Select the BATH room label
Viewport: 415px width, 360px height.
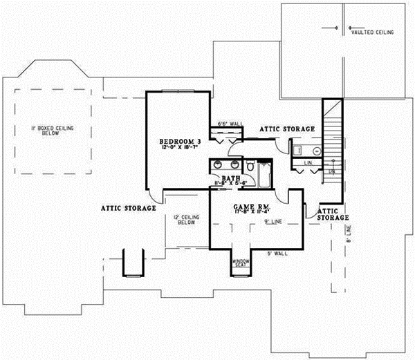coord(230,178)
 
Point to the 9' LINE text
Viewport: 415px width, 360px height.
coord(273,221)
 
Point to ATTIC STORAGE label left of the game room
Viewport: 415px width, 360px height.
coord(128,207)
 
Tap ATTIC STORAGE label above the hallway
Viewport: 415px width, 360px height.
coord(288,129)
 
